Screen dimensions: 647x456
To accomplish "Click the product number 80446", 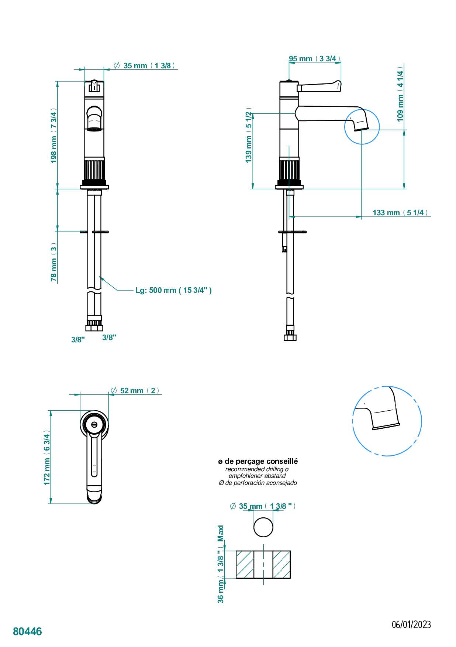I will coord(27,631).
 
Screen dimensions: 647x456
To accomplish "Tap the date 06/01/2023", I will coord(411,624).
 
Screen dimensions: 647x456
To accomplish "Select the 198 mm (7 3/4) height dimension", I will coord(54,136).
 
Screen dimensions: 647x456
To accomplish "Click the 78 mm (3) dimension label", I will coord(54,262).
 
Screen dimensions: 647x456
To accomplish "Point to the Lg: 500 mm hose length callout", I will coord(173,290).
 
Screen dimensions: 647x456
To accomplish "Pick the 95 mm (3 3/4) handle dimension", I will coord(314,59).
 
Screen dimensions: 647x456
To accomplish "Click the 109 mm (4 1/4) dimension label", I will coord(400,94).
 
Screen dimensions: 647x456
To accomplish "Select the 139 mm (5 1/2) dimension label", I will coord(249,137).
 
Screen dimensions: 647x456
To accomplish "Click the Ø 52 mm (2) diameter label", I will coord(136,391).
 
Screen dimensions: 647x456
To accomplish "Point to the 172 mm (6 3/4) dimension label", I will coord(47,458).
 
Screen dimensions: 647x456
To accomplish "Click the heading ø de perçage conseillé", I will coord(258,461).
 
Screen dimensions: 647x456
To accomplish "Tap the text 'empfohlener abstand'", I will coord(257,476).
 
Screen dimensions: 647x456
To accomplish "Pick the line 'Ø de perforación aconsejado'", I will coord(258,483).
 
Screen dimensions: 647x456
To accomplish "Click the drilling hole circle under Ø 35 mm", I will coord(263,527).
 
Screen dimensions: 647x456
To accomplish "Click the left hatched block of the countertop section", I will coord(245,565).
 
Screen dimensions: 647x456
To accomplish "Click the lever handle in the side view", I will coord(319,86).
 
